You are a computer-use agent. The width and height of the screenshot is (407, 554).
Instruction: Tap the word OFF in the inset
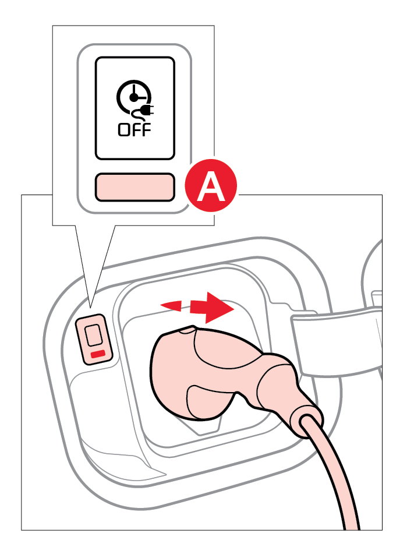[x=135, y=129]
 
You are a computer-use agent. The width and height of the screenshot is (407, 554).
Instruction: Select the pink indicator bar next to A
[x=135, y=187]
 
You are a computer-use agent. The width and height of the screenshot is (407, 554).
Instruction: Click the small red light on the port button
[x=98, y=354]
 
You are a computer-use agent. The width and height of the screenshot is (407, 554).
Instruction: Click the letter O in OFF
[x=123, y=129]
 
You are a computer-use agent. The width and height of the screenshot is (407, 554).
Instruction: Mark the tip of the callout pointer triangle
[x=91, y=304]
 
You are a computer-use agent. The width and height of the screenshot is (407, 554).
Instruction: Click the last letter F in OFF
[x=146, y=129]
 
